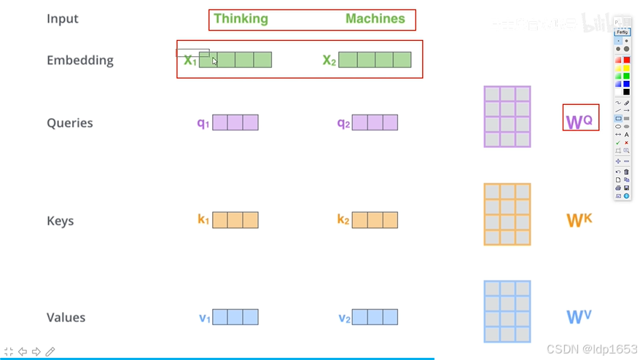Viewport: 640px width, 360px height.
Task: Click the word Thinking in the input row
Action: pos(241,19)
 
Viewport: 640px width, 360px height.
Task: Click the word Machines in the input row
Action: pos(375,19)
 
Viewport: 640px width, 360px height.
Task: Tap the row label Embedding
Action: pos(80,60)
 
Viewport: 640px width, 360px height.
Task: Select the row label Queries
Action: pos(70,123)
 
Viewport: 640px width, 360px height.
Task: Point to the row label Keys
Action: pos(61,221)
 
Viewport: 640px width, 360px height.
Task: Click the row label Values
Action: pos(66,318)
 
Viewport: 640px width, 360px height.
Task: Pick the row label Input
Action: pos(63,19)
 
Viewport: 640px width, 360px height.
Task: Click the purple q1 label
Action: pos(203,123)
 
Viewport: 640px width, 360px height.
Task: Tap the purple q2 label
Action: pos(343,123)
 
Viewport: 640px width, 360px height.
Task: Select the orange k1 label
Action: pos(203,220)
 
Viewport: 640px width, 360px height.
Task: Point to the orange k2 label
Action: pos(343,220)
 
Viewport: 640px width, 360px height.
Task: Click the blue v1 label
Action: pos(205,318)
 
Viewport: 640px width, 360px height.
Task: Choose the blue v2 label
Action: pos(345,318)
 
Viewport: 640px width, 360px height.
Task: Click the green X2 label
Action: pos(329,60)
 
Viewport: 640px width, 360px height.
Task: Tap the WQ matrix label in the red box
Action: pos(579,119)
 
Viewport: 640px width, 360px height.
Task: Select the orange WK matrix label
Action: pos(579,219)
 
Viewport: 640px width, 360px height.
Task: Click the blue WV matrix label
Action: pos(579,317)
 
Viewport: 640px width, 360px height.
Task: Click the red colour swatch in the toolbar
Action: pos(626,60)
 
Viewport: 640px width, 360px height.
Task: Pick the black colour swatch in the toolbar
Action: pos(626,92)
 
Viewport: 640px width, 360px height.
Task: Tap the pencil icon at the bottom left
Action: pos(50,352)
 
